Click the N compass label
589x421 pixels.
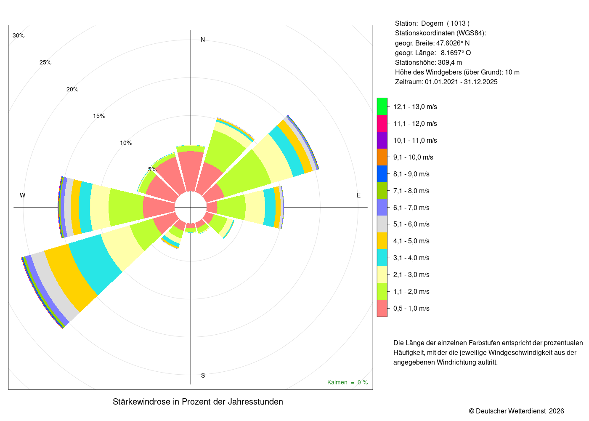(203, 40)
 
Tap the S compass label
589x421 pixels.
(203, 376)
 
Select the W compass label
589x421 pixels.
(23, 195)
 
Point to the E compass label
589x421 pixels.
(358, 195)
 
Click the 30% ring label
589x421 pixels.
(19, 35)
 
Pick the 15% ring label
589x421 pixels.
(99, 116)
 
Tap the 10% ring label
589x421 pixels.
(126, 143)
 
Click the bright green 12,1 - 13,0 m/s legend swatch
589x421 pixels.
(382, 107)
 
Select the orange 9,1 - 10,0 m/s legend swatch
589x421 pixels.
(382, 157)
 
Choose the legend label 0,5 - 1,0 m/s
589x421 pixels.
(411, 308)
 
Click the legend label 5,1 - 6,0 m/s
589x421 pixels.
(411, 224)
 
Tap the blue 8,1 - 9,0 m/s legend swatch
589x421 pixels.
(382, 174)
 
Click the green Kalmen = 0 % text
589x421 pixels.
(348, 382)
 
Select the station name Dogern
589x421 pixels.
(432, 24)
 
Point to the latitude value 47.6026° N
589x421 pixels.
(453, 43)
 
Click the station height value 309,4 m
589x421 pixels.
(450, 63)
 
